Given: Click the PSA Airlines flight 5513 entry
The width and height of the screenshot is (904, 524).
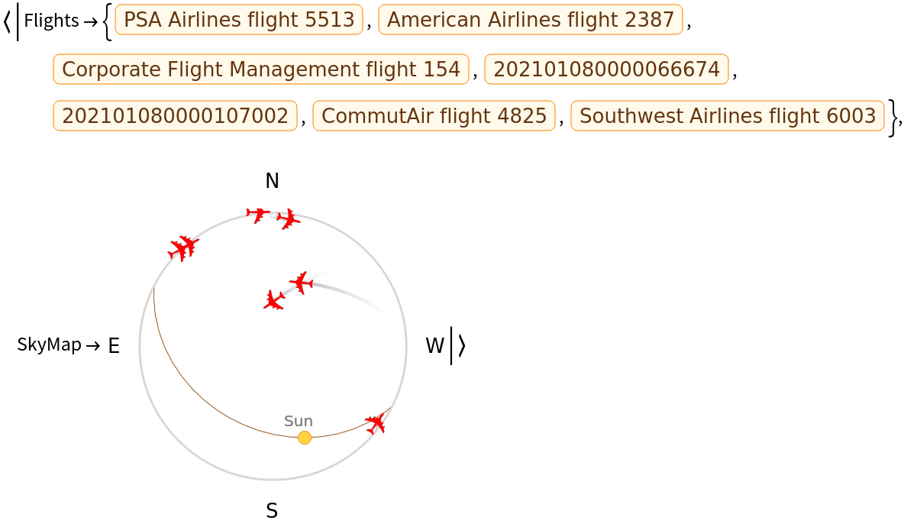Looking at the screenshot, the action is coord(239,20).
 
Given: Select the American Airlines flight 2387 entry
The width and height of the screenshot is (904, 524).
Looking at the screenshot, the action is coord(531,20).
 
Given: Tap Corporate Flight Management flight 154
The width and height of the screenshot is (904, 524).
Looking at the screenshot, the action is coord(260,70).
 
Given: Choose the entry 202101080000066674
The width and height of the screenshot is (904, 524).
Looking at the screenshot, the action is coord(606,70).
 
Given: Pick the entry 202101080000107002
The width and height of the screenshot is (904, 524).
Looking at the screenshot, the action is coord(175,115).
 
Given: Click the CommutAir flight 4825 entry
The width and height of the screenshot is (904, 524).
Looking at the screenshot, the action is coord(434,115).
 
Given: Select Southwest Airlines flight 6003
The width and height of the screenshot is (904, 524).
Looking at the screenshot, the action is coord(728,115).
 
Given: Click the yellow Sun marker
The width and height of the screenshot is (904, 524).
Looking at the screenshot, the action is coord(305,438).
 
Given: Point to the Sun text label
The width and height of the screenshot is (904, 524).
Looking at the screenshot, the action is coord(298,422).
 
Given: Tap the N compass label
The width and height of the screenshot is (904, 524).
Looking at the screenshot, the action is coord(272,181).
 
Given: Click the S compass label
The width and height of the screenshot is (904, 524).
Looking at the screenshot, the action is coord(272,511).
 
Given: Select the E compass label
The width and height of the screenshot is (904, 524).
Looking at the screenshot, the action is coord(115,346).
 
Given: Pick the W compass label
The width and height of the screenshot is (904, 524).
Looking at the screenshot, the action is coord(434,346).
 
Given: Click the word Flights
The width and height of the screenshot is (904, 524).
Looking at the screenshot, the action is coord(51,21).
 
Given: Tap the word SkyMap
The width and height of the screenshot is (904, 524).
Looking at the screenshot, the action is coord(49,344).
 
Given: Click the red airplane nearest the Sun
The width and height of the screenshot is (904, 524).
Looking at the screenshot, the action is coord(376,423).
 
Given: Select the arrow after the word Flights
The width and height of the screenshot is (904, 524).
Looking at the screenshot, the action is coord(91,22).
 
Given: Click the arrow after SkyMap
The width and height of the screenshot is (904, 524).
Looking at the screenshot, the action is coord(93,346).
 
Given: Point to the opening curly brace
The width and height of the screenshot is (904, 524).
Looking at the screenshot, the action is coord(107,21).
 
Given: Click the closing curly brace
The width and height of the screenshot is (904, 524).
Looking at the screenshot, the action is coord(893,118).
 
